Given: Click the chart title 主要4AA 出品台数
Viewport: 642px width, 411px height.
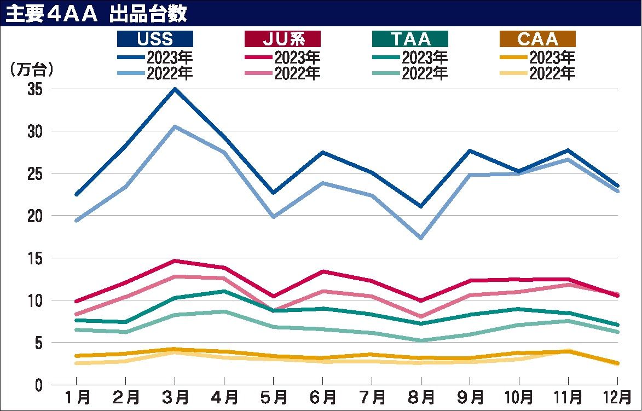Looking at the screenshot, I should click(96, 14).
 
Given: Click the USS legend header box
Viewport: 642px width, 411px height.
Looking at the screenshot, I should click(155, 38).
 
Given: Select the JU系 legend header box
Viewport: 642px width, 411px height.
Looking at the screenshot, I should click(282, 38).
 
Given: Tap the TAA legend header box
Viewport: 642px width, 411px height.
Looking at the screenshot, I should click(410, 38).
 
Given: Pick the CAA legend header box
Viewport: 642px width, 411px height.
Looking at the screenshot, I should click(537, 38).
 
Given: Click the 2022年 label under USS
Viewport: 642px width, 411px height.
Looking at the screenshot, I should click(170, 73).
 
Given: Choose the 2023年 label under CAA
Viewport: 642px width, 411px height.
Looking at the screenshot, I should click(552, 57).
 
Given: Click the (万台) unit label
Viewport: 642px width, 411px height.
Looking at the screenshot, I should click(31, 70).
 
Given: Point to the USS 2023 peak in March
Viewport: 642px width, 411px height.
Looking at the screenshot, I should click(175, 89).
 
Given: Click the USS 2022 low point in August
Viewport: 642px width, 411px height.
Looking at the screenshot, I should click(421, 238).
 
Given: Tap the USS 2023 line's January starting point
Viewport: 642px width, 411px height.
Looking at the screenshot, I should click(77, 194).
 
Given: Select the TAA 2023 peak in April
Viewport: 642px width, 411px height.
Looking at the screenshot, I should click(224, 291).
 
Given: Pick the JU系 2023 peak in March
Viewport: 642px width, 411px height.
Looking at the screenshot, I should click(175, 261).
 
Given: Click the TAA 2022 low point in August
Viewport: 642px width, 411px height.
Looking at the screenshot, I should click(421, 340).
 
